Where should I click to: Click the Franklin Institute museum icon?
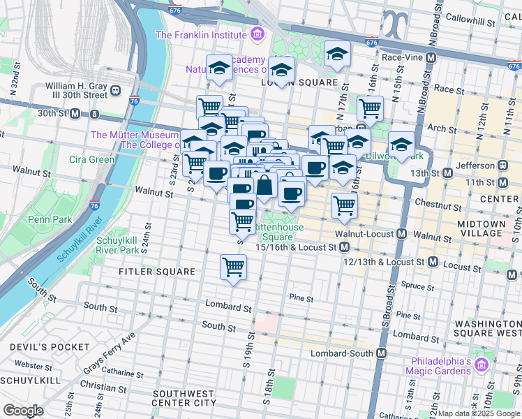pyautogui.click(x=258, y=34)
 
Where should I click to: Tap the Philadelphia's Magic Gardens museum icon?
pyautogui.click(x=481, y=365)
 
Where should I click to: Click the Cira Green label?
pyautogui.click(x=91, y=159)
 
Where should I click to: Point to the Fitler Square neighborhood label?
pyautogui.click(x=156, y=271)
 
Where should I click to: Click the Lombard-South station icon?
pyautogui.click(x=381, y=354)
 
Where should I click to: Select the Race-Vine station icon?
pyautogui.click(x=431, y=57)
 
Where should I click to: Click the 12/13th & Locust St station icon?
pyautogui.click(x=433, y=263)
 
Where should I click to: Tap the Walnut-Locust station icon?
pyautogui.click(x=401, y=234)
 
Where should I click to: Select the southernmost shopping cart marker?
pyautogui.click(x=233, y=267)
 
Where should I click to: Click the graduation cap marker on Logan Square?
pyautogui.click(x=281, y=70)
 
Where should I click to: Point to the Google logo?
pyautogui.click(x=24, y=411)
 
